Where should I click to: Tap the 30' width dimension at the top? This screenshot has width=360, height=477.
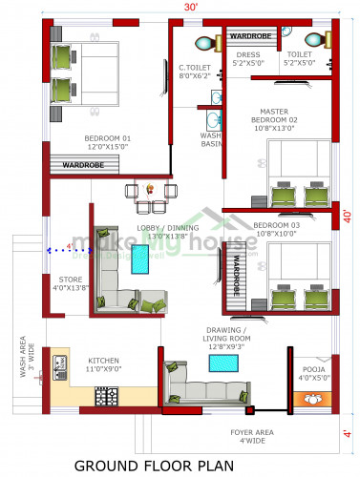click(x=191, y=7)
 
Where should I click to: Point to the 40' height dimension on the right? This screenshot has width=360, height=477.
click(x=349, y=217)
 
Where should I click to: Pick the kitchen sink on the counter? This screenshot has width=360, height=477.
click(x=59, y=363)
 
